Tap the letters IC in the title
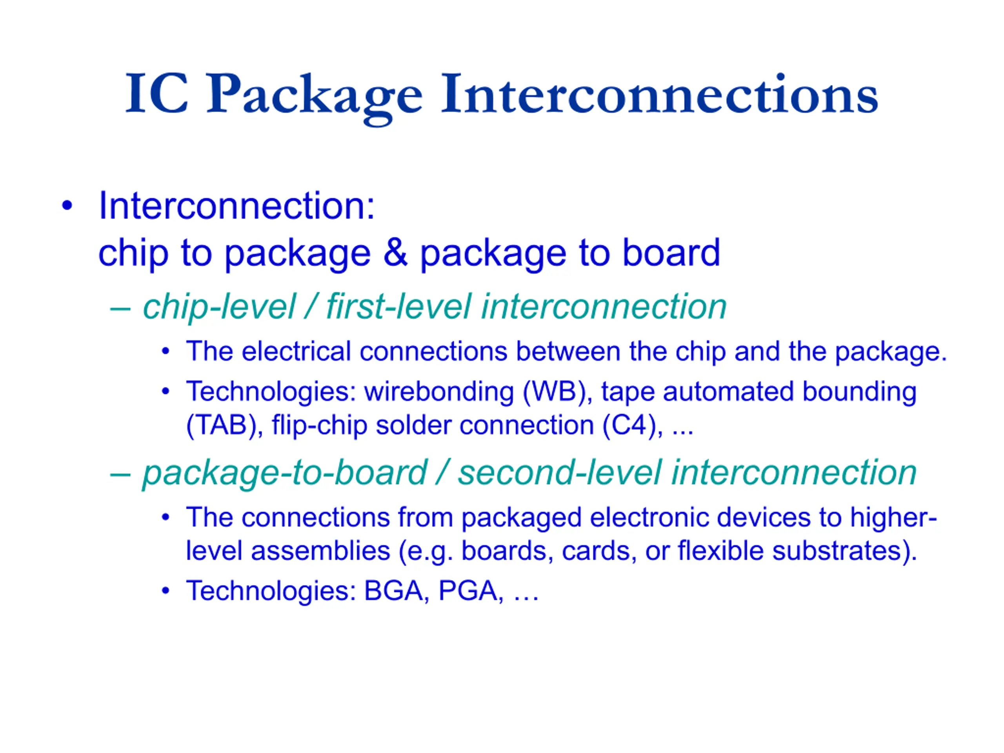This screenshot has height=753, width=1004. (157, 93)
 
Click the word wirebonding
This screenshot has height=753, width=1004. (439, 392)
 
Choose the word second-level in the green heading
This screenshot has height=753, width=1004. (559, 473)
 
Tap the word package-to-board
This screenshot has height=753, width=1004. (285, 473)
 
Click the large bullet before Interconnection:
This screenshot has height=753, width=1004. (67, 206)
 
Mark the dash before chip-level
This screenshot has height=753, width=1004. (121, 309)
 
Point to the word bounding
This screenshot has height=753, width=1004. (859, 392)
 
